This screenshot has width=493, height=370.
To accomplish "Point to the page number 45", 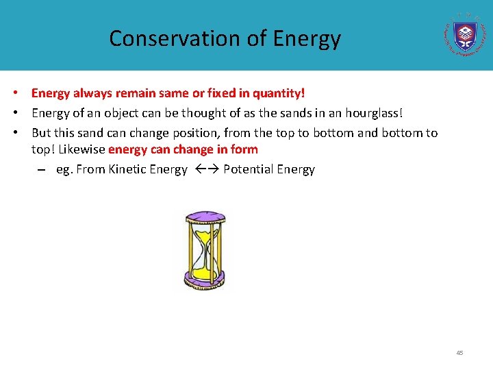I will point(459,353).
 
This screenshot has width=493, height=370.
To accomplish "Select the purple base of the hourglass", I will point(204,279).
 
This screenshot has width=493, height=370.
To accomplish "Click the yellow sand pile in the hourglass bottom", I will point(204,270).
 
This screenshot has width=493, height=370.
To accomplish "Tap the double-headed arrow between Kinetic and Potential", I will point(205,169).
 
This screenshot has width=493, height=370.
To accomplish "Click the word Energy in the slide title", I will point(306,38).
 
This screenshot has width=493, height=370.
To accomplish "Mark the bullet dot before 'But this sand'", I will point(22,133).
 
